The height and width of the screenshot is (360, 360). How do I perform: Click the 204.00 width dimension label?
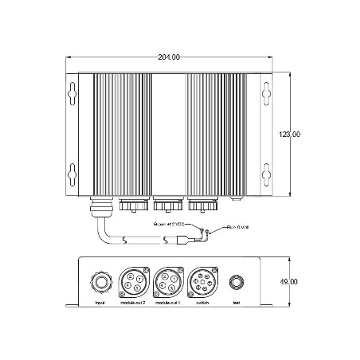point(169,57)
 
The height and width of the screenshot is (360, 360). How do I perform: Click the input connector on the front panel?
point(100,281)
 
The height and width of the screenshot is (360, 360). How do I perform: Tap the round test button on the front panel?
point(235,282)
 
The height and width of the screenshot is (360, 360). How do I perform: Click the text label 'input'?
point(100,303)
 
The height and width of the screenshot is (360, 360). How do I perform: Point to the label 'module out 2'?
point(131,303)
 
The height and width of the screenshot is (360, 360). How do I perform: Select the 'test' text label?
point(235,303)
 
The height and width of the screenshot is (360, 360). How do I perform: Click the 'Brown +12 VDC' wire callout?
point(169,225)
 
